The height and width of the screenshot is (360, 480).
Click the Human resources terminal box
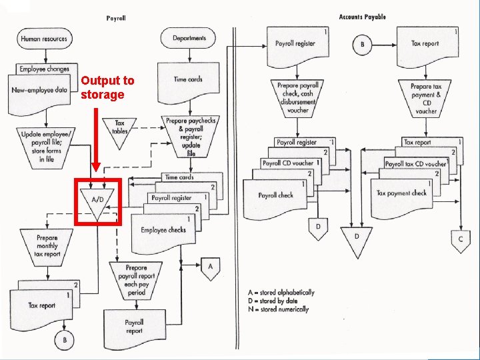coord(44,39)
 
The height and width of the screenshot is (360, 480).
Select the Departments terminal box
coord(189,39)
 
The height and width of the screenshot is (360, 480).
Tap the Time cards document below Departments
coord(188,80)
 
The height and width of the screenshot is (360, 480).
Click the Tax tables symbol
coord(120,127)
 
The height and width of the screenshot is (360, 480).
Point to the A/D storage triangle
coord(97,200)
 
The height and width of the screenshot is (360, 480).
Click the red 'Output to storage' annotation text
coord(107,87)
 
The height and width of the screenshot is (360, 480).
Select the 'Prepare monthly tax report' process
coord(47,245)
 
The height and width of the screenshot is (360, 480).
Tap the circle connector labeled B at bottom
coord(65,341)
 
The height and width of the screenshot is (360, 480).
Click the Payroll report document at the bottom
coord(134,327)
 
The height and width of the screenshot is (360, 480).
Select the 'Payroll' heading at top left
coord(116,18)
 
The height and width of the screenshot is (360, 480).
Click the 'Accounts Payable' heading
coord(362,17)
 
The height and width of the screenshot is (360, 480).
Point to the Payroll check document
coord(275,196)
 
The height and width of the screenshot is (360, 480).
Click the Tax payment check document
coord(401,194)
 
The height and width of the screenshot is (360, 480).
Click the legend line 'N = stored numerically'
coord(278,309)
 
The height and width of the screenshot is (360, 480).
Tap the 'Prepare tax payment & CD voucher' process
coord(426,99)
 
